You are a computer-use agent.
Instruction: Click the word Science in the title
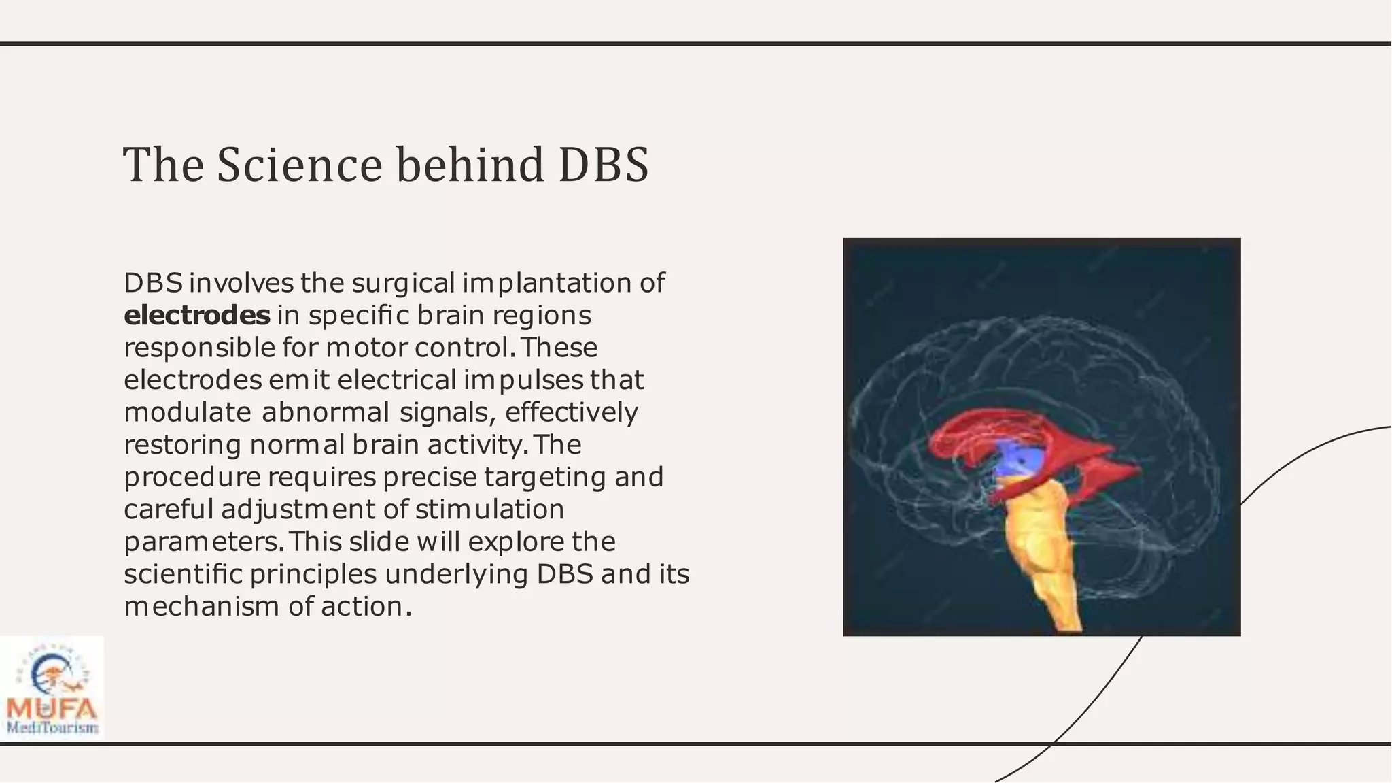point(299,165)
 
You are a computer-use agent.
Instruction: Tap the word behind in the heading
point(470,165)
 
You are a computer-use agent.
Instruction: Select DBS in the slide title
point(604,165)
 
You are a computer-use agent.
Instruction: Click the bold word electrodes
point(197,316)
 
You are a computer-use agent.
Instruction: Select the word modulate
point(188,412)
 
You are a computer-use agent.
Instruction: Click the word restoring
point(182,445)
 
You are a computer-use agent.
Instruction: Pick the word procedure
point(192,477)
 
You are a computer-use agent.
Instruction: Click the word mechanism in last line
point(202,606)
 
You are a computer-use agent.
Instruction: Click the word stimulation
point(490,510)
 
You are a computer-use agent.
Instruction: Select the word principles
point(313,574)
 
